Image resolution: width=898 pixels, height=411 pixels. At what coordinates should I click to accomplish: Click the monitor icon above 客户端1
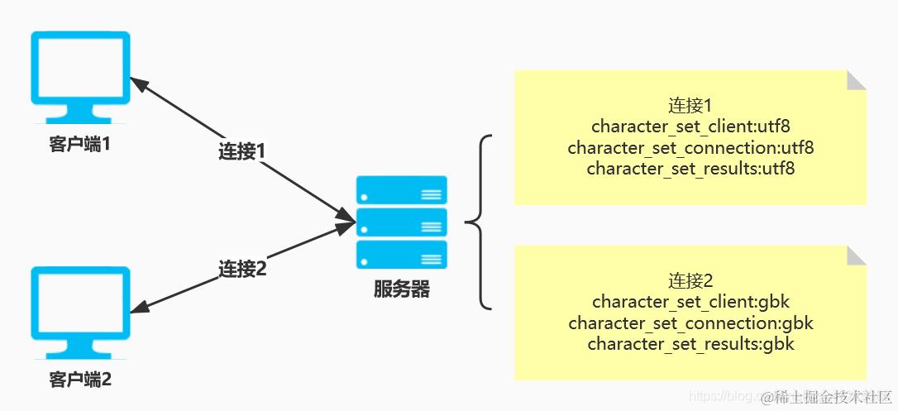pos(80,77)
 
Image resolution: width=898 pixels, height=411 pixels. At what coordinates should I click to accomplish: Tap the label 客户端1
pos(80,145)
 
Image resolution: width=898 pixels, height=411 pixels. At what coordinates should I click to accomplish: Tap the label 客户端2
pos(80,380)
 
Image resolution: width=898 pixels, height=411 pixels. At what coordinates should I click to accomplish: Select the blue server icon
pos(401,222)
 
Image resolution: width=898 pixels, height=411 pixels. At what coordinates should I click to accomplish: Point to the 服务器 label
pos(401,289)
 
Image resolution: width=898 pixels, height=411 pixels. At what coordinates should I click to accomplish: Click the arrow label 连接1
pos(241,151)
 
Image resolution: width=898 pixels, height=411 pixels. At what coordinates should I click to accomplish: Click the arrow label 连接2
pos(241,269)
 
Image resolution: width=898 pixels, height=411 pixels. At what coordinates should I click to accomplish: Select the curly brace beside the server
pos(480,222)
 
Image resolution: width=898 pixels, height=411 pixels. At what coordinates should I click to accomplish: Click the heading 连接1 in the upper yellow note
pos(690,107)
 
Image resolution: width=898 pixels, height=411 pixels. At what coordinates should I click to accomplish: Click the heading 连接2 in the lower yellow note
pos(690,281)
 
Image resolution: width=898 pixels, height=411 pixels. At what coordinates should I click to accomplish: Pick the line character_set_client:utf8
pos(690,127)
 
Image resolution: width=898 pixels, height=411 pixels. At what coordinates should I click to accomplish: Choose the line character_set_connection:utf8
pos(690,148)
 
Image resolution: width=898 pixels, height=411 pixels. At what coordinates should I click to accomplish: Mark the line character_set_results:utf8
pos(690,169)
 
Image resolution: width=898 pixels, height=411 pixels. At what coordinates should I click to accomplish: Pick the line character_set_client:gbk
pos(690,302)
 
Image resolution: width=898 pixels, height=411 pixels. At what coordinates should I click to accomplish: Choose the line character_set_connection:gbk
pos(690,323)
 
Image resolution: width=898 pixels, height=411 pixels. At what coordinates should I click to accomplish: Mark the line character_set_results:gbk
pos(690,343)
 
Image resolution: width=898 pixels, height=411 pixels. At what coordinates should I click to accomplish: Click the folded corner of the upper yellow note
pos(857,79)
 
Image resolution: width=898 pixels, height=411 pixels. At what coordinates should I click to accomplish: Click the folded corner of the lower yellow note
pos(857,255)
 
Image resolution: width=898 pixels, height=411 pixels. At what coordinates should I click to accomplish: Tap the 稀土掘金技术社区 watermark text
pos(827,397)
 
